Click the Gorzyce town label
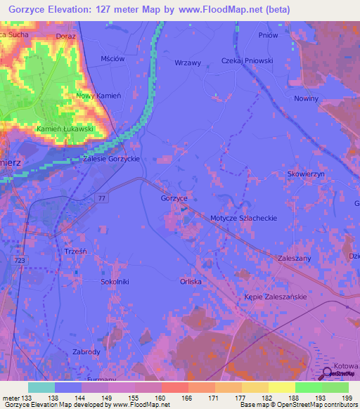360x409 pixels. pos(174,199)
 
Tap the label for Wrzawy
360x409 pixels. pos(188,63)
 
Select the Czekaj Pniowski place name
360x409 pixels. pos(247,60)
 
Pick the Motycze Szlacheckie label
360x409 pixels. pos(244,219)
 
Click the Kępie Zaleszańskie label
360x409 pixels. pos(276,297)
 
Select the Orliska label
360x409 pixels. pos(191,282)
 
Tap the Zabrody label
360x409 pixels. pos(88,351)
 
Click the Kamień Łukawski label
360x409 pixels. pos(65,129)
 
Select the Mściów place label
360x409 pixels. pos(112,59)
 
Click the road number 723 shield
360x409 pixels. pos(20,260)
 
